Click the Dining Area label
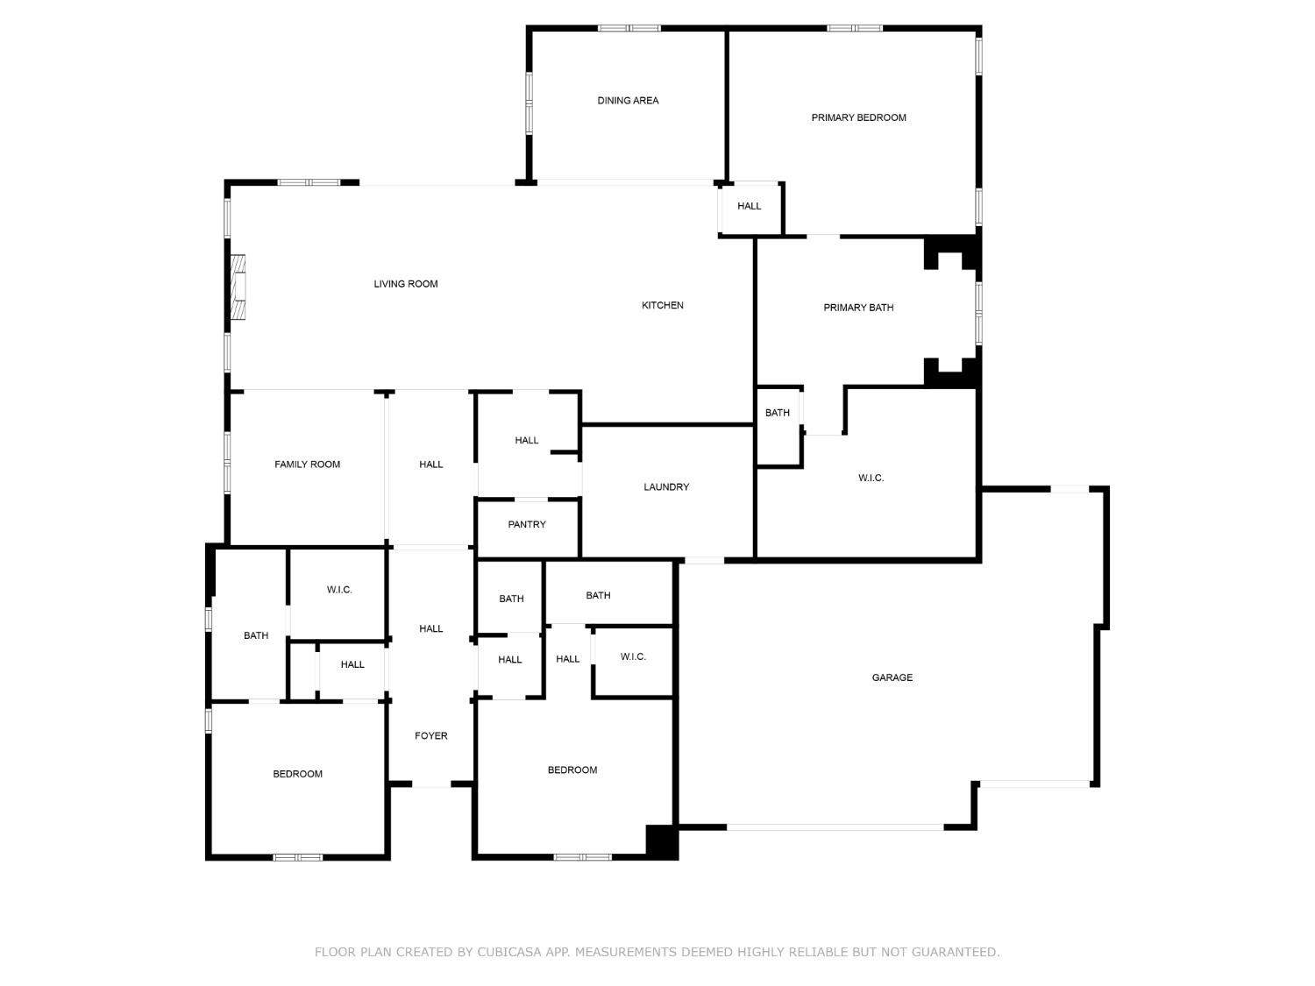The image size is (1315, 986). point(628,101)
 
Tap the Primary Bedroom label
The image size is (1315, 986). point(858,117)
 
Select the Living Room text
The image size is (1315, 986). point(406,284)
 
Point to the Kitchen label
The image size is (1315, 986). point(663,305)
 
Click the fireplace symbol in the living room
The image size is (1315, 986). point(237,287)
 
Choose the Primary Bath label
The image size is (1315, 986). point(858,308)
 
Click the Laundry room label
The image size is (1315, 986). point(666,487)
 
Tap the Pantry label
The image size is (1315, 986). point(527,524)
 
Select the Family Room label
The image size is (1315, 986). point(307,465)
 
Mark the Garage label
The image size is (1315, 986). point(892,677)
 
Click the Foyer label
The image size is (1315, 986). point(430,736)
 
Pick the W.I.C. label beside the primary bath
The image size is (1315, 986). point(871,478)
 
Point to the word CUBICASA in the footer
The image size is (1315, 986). point(512,952)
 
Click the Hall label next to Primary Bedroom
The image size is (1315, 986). point(749,206)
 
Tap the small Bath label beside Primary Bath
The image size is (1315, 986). point(777,413)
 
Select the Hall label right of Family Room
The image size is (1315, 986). point(430,465)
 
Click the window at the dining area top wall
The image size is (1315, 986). point(629,28)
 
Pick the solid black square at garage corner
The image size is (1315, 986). point(662,841)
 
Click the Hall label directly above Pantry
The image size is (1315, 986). point(526,441)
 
